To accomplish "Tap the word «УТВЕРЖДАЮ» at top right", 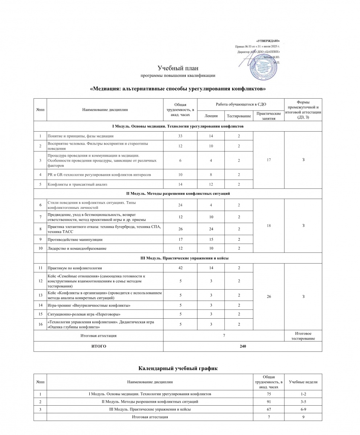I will coord(268,41).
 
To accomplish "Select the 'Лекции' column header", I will coord(211,116).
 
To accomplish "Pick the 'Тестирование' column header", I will coord(239,116).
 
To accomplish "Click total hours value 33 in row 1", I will coord(180,136).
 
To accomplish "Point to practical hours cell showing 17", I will coord(269,160).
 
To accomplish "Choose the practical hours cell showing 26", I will coord(269,296).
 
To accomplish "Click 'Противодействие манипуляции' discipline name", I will coord(75,239).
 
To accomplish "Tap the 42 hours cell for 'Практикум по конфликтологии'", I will coord(180,268).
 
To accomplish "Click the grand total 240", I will coord(243,346).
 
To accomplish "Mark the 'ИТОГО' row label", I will coord(98,346).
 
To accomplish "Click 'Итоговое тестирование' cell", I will coord(303,336).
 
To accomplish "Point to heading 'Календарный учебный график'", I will coord(178,369).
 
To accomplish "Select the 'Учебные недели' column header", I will coord(303,382).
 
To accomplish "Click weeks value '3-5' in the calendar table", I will coord(303,402).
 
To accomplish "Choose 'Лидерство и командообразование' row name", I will coord(78,248).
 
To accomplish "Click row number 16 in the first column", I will coord(40,324).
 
